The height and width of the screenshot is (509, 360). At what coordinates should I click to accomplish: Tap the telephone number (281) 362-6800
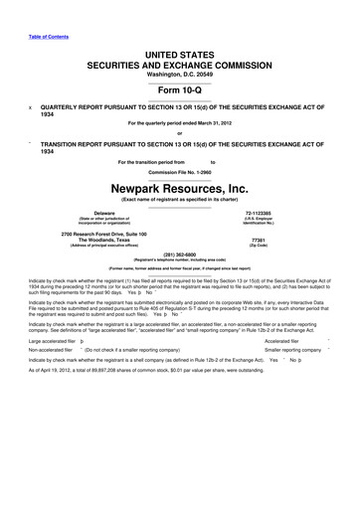tap(180, 254)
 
